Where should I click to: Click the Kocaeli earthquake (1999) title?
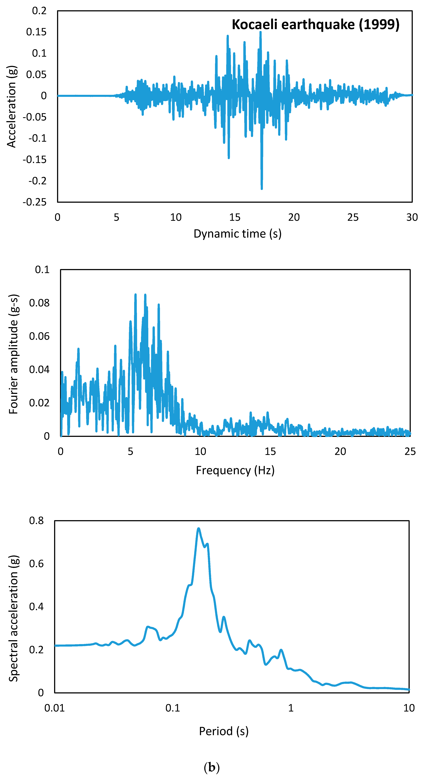click(315, 25)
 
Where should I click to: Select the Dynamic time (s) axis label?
click(237, 234)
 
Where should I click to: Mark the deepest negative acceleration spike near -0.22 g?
click(262, 188)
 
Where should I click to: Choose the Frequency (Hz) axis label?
click(235, 470)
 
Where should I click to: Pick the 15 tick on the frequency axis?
click(270, 451)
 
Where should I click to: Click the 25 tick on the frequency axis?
click(410, 451)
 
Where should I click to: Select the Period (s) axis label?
click(224, 731)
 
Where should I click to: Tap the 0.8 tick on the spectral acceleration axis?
click(36, 520)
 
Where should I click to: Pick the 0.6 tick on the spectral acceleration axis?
click(36, 563)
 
